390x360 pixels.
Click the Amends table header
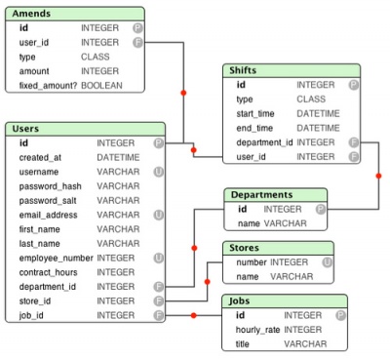[x=32, y=14]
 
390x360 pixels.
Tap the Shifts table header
[x=244, y=71]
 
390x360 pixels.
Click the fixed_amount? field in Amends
[x=49, y=86]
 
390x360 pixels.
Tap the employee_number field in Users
[x=55, y=258]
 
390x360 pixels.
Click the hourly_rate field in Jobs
[x=257, y=330]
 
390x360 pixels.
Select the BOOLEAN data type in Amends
[x=102, y=86]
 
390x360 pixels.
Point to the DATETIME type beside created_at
[x=118, y=157]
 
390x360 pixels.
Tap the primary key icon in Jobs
[x=340, y=316]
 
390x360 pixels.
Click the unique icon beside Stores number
[x=327, y=262]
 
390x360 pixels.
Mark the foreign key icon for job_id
[x=159, y=315]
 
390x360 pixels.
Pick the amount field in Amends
[x=34, y=71]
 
